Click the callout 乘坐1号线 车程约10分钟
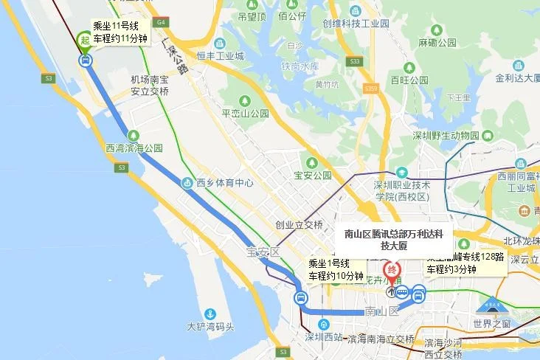(336, 270)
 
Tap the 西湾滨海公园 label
(134, 148)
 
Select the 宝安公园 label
(313, 176)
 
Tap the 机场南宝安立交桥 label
(150, 86)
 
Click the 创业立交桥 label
(299, 225)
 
